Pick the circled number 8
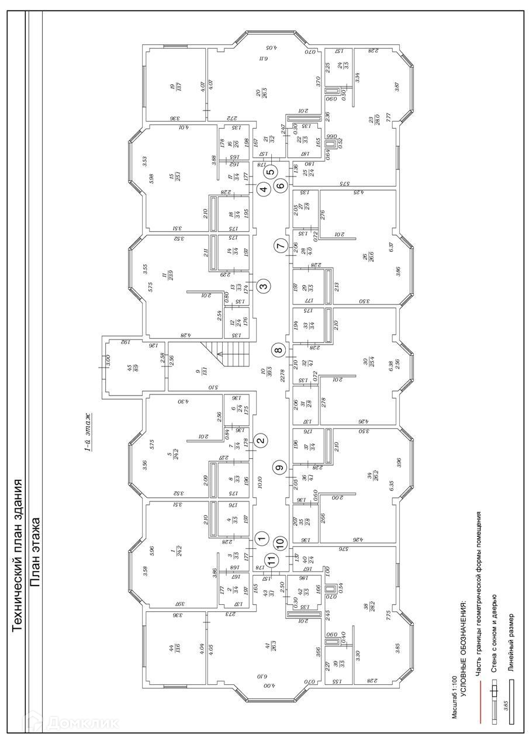coord(279,351)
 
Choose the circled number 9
coord(280,467)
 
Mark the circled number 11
coord(271,560)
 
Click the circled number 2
coord(262,441)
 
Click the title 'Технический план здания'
coord(17,555)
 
